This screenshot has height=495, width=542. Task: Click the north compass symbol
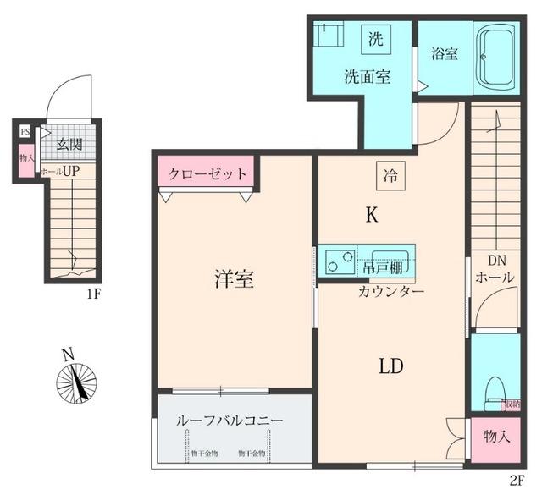tap(76, 381)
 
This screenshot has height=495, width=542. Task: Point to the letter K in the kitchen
tap(371, 216)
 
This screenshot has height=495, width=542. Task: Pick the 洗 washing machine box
tap(375, 37)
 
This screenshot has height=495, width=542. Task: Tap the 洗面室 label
tap(367, 76)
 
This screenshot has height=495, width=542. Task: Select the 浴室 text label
tap(444, 53)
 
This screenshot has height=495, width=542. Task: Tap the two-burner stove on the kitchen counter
tap(339, 262)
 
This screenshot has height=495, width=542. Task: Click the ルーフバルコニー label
tap(229, 420)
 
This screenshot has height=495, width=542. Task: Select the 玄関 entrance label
tap(69, 145)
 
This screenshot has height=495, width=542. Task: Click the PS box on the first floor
tap(25, 132)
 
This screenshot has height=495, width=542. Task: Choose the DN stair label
tap(495, 260)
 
